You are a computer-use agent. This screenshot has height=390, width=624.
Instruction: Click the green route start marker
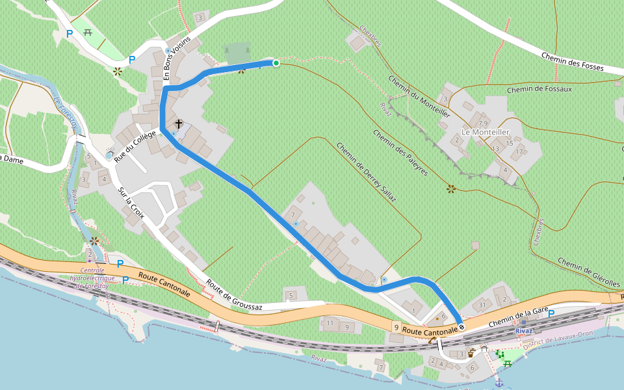pyautogui.click(x=276, y=63)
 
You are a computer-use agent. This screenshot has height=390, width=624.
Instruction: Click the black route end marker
pyautogui.click(x=461, y=326)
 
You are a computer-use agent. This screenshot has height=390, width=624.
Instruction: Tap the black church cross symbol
pyautogui.click(x=178, y=123)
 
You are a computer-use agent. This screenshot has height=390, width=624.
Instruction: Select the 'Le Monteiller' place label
pyautogui.click(x=485, y=132)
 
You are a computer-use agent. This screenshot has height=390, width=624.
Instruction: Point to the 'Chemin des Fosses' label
pyautogui.click(x=573, y=62)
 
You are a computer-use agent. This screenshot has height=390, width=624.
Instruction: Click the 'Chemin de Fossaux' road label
pyautogui.click(x=539, y=89)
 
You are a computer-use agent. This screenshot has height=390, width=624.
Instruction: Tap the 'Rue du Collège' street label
pyautogui.click(x=136, y=146)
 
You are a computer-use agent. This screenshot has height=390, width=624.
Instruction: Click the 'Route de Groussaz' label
pyautogui.click(x=233, y=296)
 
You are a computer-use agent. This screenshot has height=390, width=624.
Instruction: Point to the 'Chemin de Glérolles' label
pyautogui.click(x=589, y=273)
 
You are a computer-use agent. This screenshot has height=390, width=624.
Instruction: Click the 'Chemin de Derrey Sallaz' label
pyautogui.click(x=366, y=174)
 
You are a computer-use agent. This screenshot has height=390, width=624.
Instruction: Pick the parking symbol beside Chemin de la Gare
pyautogui.click(x=551, y=314)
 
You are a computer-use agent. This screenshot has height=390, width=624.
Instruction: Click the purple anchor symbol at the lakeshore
pyautogui.click(x=499, y=383)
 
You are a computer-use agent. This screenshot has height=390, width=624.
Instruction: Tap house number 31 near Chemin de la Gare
pyautogui.click(x=482, y=305)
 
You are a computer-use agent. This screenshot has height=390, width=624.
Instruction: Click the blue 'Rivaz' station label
pyautogui.click(x=524, y=331)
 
